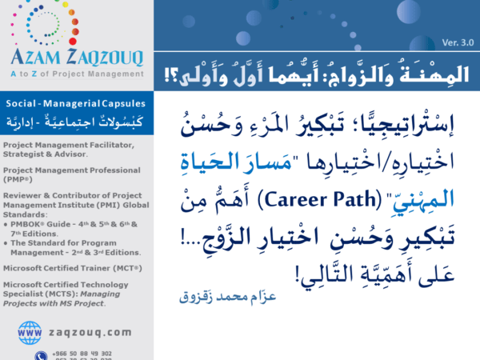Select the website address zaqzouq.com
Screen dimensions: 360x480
(89, 331)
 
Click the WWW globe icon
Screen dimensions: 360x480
(30, 331)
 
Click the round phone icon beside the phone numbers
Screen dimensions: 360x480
(40, 355)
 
